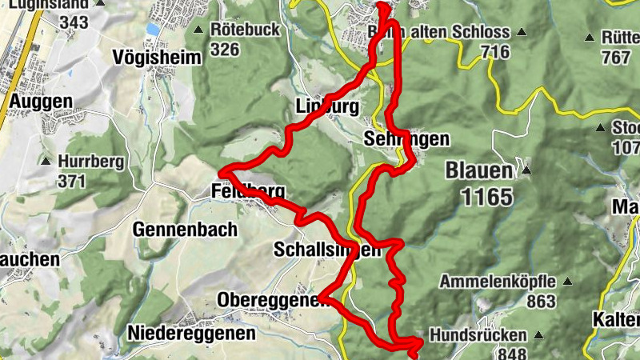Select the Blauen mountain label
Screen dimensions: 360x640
click(x=478, y=170)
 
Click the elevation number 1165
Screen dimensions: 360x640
click(x=486, y=194)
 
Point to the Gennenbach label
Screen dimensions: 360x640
click(x=186, y=230)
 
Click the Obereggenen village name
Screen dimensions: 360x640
click(x=267, y=300)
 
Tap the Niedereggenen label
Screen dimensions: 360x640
click(x=191, y=332)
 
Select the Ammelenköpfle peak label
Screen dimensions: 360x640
click(x=498, y=282)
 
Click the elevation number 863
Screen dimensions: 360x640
click(x=542, y=302)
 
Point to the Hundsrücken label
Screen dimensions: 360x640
click(x=478, y=335)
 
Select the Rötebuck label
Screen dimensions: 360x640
click(x=244, y=30)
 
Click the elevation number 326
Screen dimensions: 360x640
click(x=226, y=50)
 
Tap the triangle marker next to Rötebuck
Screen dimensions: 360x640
click(x=199, y=30)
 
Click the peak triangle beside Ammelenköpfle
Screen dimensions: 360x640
click(x=568, y=282)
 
